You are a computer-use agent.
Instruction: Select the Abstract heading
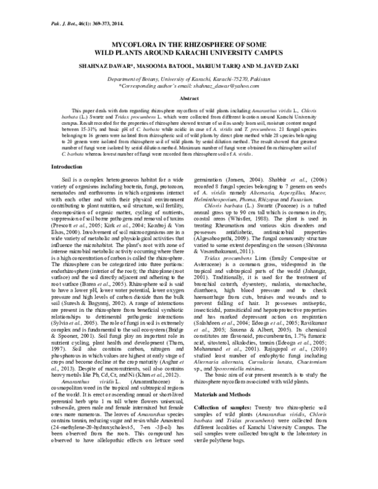(189, 99)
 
